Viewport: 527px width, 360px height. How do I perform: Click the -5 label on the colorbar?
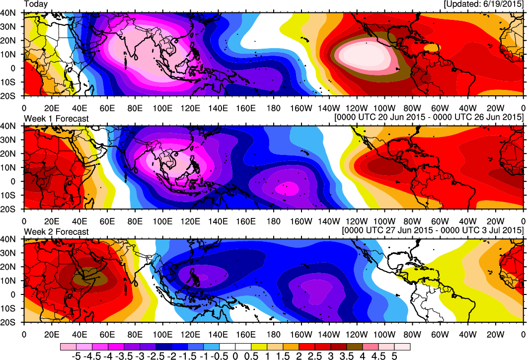coord(76,356)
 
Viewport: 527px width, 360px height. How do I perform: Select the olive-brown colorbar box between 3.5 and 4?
coord(356,346)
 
